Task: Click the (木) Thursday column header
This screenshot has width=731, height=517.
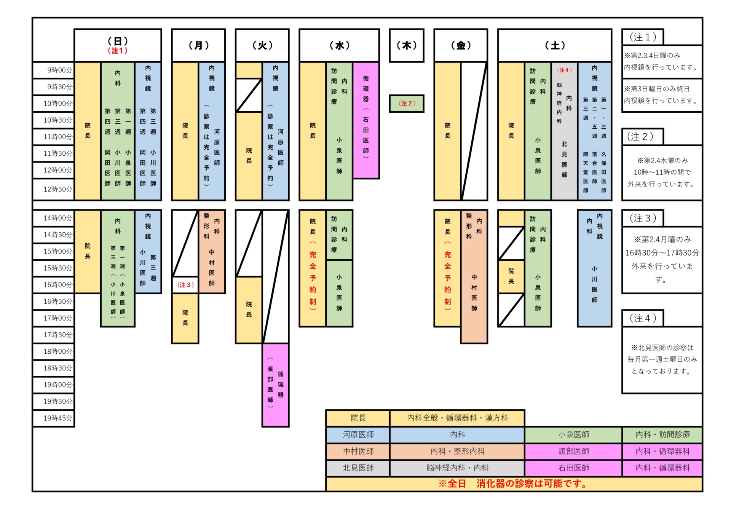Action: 406,45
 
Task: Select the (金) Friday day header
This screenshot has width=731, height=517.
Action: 461,45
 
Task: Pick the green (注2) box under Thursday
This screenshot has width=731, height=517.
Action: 406,103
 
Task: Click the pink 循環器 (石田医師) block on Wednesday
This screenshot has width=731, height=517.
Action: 365,120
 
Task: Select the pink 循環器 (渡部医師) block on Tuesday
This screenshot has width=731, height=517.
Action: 275,385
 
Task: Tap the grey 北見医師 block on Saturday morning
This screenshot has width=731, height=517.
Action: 564,131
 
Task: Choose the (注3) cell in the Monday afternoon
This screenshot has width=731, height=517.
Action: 185,285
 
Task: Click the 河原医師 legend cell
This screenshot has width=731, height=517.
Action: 358,435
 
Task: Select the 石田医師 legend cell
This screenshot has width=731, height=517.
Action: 573,468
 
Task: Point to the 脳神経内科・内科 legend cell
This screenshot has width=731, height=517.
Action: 457,468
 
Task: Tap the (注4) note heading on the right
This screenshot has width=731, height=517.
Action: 643,318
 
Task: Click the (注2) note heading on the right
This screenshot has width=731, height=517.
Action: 643,137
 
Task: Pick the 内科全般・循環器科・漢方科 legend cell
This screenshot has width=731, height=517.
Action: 457,418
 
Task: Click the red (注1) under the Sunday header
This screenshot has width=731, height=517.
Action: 118,51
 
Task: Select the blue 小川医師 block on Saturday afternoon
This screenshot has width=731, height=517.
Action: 594,268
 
